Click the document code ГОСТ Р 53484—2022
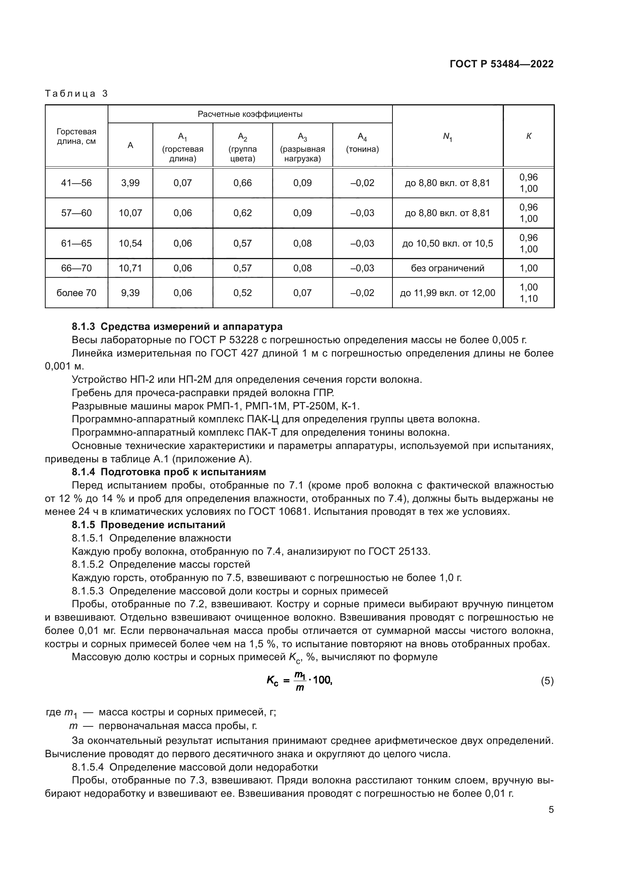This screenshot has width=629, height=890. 501,64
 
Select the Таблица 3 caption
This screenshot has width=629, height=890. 76,94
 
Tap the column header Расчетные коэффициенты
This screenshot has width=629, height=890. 250,115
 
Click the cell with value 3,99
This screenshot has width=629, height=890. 130,183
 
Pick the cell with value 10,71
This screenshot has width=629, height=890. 130,268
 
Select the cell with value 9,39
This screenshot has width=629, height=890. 130,293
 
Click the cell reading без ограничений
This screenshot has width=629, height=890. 447,268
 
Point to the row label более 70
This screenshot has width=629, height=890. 76,293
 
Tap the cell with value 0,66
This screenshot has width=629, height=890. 243,183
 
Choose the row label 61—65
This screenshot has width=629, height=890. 76,244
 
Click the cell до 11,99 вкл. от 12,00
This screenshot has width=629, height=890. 447,293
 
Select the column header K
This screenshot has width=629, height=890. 529,136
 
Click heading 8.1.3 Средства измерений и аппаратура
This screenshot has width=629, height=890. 177,327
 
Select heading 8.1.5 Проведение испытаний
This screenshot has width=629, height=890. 148,525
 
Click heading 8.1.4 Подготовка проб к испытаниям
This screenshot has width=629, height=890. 169,472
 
